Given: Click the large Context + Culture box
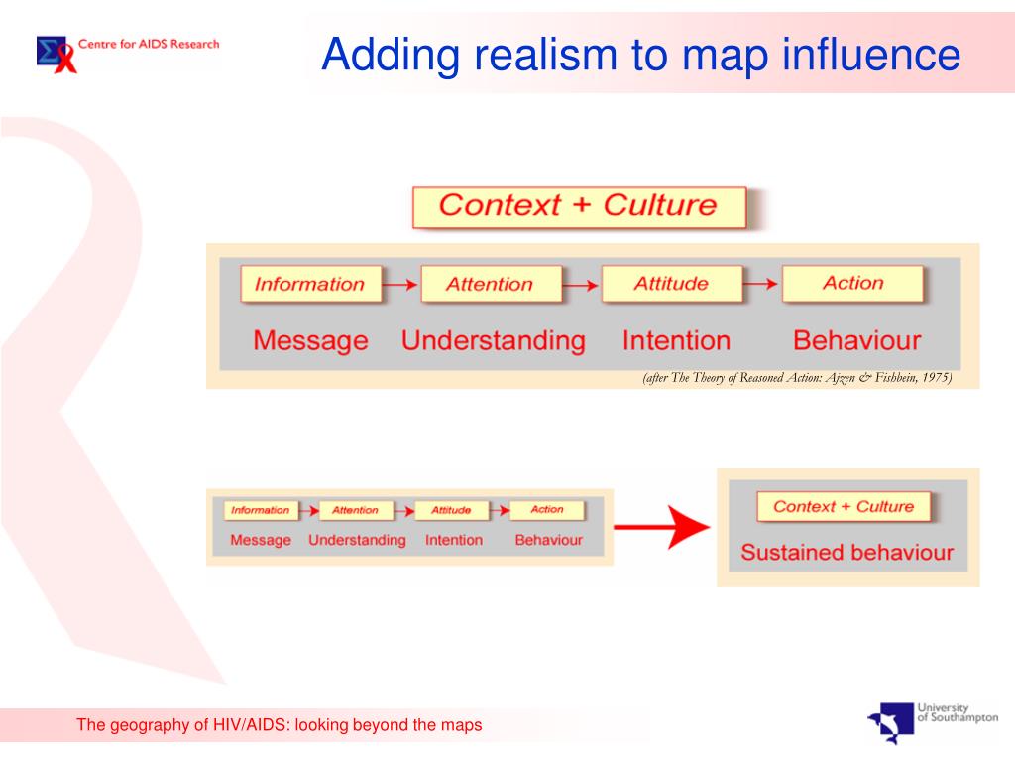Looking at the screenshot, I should [578, 206].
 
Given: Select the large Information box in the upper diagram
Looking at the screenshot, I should [309, 284].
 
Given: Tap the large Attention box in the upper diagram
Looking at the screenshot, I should [490, 284].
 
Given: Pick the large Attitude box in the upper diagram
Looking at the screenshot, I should [671, 284].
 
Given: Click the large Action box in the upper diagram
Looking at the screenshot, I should [852, 283].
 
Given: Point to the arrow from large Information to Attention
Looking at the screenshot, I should [399, 285].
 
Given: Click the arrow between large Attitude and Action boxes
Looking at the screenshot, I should [761, 285].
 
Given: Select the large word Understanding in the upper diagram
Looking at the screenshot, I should [493, 341].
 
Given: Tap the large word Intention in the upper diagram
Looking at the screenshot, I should [676, 341].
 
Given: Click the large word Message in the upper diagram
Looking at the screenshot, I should [310, 341].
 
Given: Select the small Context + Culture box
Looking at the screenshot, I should [844, 506].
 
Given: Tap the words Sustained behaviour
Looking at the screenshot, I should [846, 553].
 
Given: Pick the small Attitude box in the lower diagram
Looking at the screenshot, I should [451, 510].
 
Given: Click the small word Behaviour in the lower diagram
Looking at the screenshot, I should [548, 540].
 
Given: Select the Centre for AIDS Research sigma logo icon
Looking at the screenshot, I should [56, 53].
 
